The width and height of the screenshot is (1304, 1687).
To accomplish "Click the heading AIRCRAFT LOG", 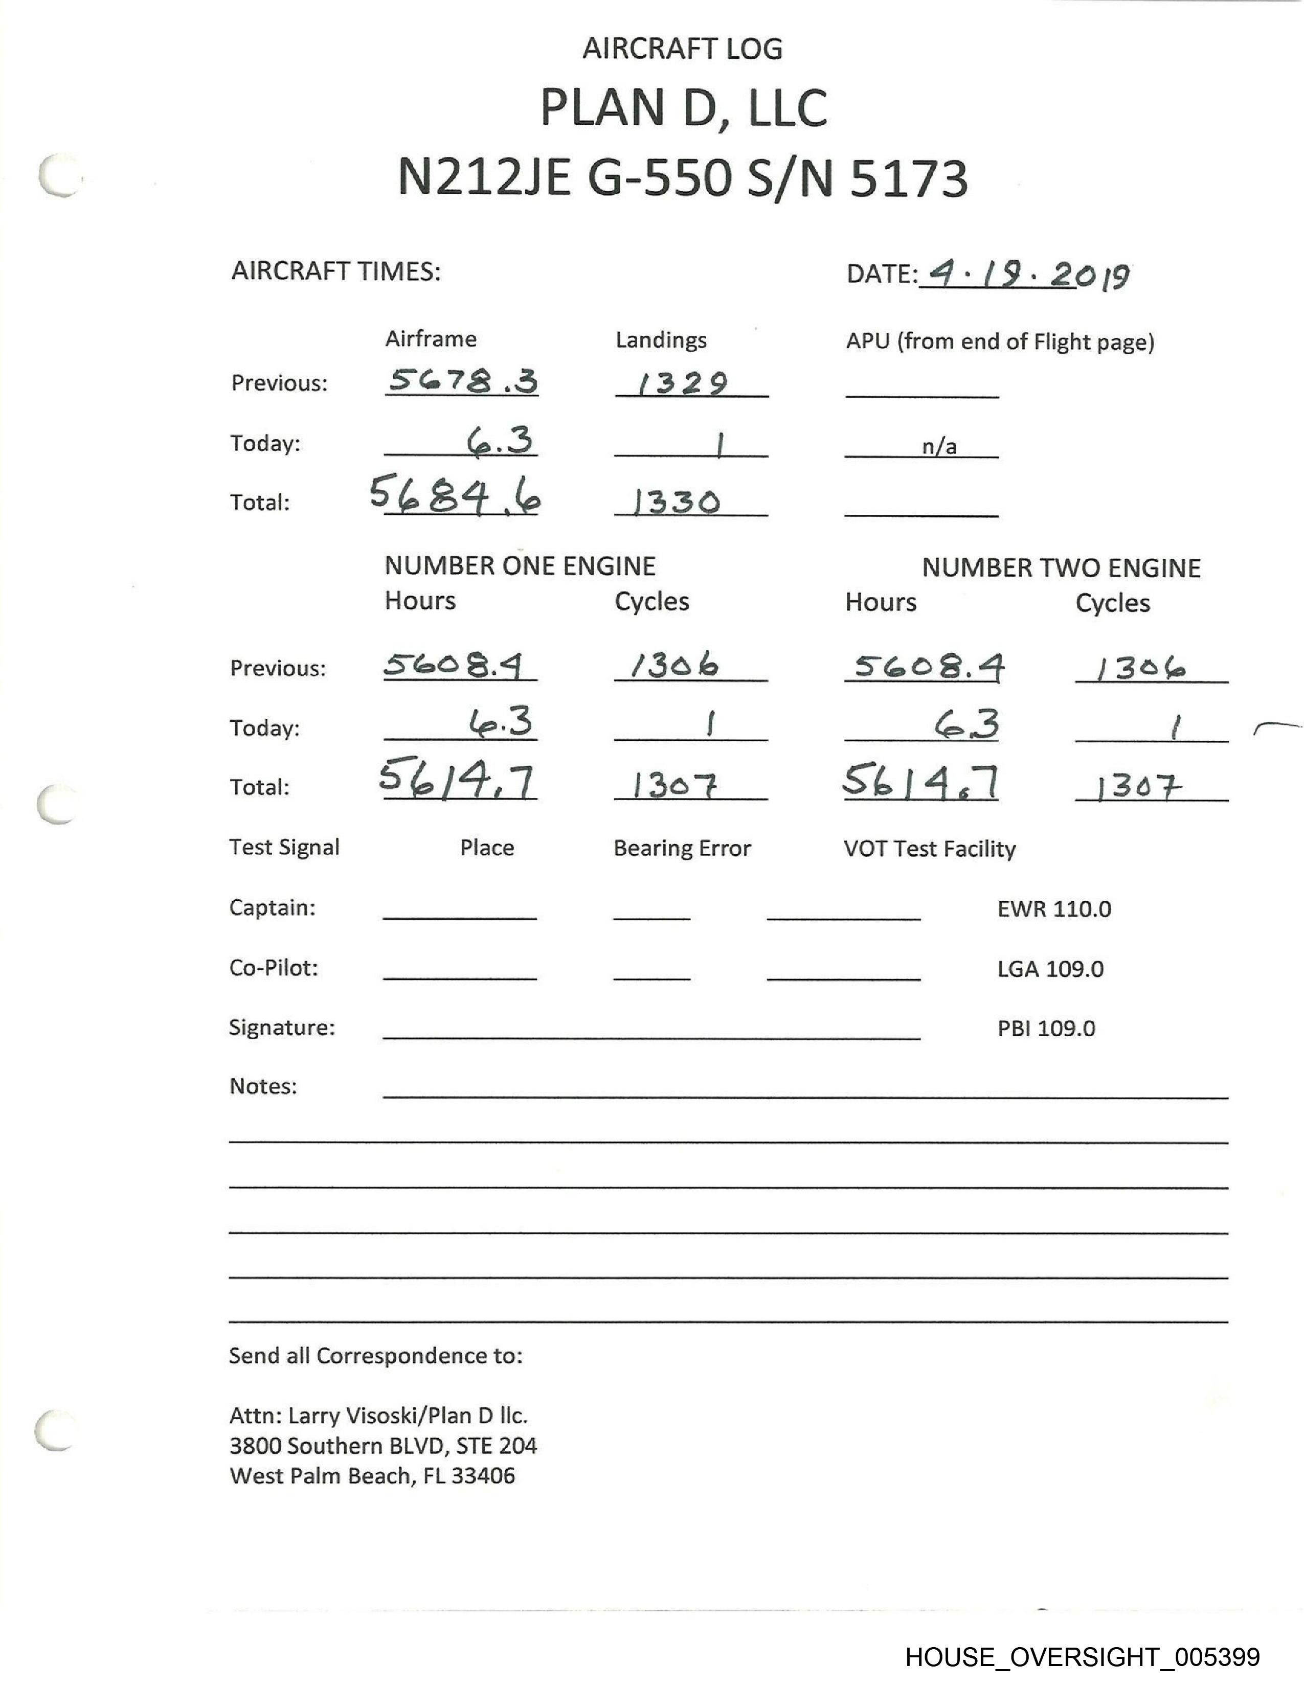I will (682, 49).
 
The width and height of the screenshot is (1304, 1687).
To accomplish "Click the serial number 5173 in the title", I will (909, 178).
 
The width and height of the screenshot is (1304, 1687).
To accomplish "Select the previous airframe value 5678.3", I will (462, 381).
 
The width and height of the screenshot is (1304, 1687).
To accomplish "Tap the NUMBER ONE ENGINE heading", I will (520, 566).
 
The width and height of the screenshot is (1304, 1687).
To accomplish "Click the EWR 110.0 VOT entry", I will (1054, 909).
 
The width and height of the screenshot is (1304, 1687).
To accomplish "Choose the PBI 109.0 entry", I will (1046, 1028).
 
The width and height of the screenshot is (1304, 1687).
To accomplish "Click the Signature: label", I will (282, 1028).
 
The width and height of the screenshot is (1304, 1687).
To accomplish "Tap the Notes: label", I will (263, 1086).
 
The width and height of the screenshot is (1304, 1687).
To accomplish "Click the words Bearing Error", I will (682, 848).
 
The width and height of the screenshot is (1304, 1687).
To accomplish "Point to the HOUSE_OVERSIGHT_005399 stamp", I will (1082, 1656).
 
